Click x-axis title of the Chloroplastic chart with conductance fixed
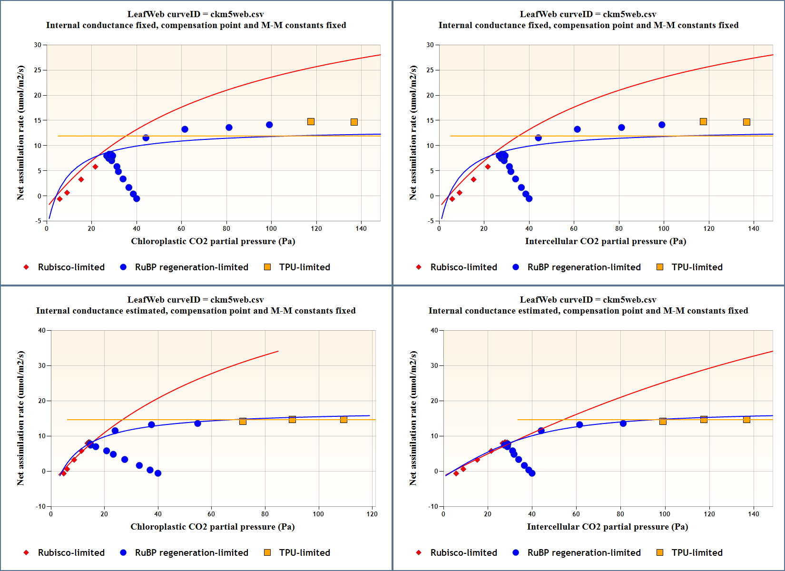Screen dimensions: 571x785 tap(213, 241)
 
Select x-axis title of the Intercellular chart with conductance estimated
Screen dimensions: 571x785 tap(607, 527)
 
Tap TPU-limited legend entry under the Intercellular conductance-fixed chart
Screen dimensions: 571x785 tap(697, 267)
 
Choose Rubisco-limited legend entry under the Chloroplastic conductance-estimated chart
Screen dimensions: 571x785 tap(71, 552)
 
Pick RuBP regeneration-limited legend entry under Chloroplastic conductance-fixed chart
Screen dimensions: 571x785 tap(191, 267)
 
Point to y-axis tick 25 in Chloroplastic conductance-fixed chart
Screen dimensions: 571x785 tap(38, 70)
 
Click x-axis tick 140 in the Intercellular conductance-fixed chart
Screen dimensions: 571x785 tap(754, 228)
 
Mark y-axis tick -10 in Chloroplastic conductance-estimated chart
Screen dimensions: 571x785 tap(41, 506)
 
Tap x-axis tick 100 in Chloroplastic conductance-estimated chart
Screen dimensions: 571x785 tap(318, 514)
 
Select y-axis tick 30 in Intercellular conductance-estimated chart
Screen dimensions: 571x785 tap(434, 365)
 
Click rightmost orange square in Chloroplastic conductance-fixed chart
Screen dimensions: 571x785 tap(354, 122)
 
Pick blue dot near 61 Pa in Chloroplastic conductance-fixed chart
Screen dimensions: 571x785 tap(185, 129)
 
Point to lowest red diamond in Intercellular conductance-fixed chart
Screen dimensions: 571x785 tap(452, 199)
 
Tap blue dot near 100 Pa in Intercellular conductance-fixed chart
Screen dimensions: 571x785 tap(662, 125)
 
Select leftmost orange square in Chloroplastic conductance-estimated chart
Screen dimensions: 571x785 tap(243, 421)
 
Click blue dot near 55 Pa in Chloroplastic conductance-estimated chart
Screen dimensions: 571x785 tap(197, 423)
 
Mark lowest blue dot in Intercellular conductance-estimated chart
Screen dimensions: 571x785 tap(532, 473)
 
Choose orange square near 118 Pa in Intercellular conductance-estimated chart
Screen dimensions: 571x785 tap(704, 419)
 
